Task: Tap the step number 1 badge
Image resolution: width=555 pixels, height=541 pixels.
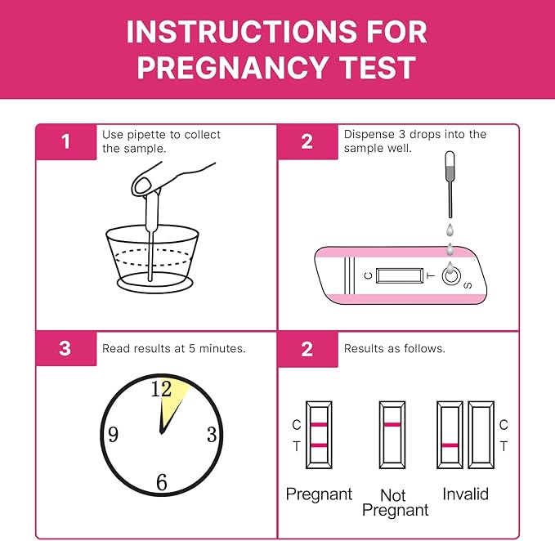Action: click(x=65, y=141)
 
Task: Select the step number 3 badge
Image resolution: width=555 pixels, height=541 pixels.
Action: click(x=65, y=349)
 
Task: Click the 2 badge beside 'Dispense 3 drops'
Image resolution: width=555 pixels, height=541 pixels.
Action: click(x=307, y=141)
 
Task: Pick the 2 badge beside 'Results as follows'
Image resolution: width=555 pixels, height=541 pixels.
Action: click(x=307, y=349)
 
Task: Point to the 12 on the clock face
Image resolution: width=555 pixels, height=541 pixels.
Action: click(x=161, y=389)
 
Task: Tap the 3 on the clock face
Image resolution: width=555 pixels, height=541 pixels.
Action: click(x=212, y=435)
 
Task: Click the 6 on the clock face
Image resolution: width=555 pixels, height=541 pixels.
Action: click(x=161, y=482)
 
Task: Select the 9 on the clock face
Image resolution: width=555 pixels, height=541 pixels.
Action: click(x=113, y=435)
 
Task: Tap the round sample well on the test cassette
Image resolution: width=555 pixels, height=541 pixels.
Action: click(x=450, y=276)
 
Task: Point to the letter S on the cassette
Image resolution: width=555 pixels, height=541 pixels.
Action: click(x=468, y=285)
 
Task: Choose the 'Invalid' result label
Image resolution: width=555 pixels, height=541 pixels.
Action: click(x=465, y=494)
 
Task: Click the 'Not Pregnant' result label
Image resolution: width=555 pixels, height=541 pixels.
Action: click(x=395, y=502)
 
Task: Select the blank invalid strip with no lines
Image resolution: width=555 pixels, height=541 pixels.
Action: click(x=481, y=434)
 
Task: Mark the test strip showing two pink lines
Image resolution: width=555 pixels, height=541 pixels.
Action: click(x=319, y=434)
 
